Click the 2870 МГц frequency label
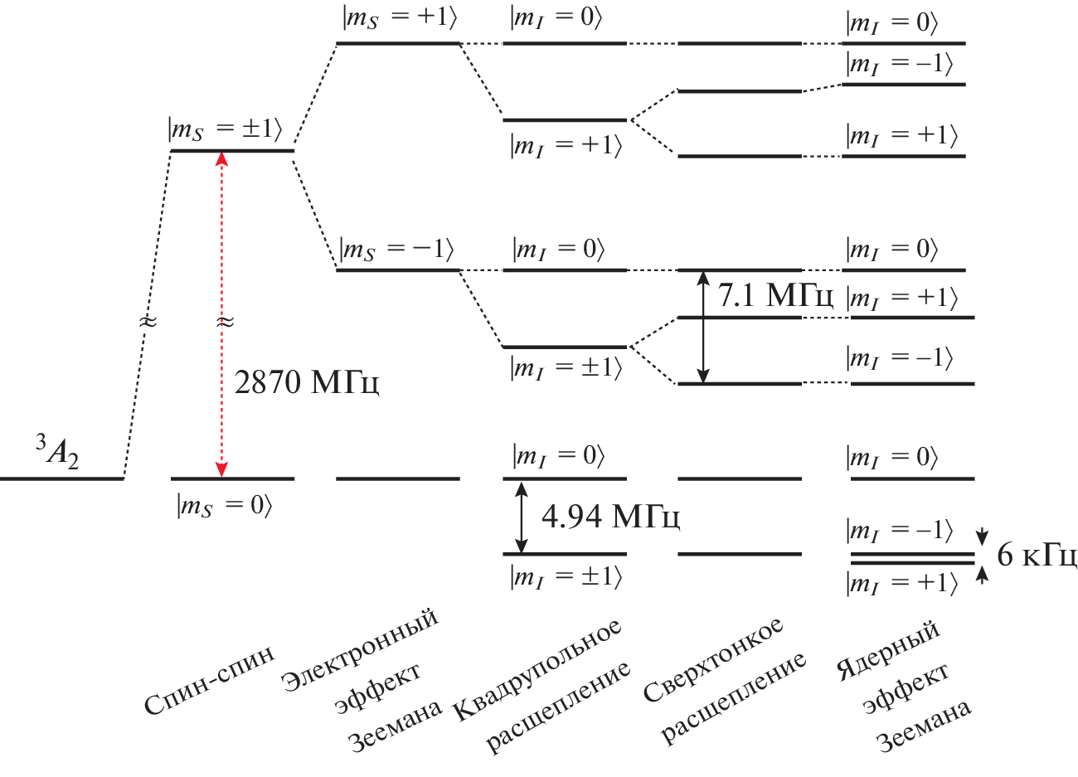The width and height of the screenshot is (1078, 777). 307,382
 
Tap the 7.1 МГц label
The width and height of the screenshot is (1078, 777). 775,295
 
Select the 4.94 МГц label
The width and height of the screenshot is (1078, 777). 610,517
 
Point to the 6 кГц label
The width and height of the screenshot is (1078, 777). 1037,556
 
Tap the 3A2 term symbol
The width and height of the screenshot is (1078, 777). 57,451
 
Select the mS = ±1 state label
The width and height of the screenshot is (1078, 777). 226,130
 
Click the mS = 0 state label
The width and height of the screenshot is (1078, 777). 224,506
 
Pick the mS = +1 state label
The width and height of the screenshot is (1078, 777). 399,19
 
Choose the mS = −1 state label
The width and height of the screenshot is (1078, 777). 397,250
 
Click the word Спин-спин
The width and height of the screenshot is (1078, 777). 209,682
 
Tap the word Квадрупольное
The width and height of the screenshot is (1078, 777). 537,668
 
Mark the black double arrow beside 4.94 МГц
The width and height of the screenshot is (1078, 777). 521,517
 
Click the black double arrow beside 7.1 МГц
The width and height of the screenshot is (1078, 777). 703,327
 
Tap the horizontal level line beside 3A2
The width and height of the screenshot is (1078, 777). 61,478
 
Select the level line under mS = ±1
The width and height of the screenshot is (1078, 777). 232,151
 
